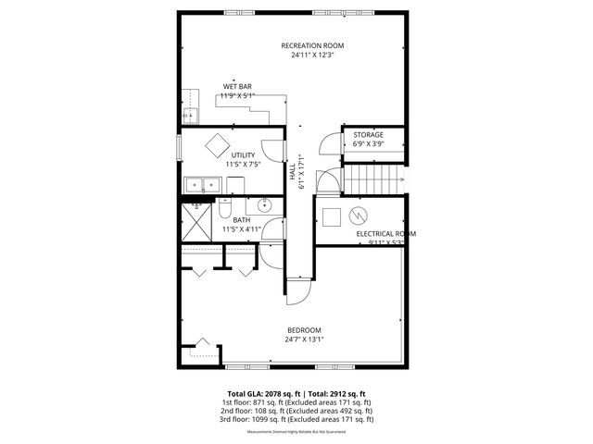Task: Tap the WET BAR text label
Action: pyautogui.click(x=237, y=87)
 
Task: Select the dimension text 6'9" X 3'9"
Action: pyautogui.click(x=368, y=144)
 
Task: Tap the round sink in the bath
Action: pyautogui.click(x=263, y=205)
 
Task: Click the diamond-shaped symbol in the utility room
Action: pyautogui.click(x=219, y=144)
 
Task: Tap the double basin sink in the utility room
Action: pyautogui.click(x=200, y=185)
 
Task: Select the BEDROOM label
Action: pyautogui.click(x=304, y=330)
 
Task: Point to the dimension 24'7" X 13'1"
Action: pyautogui.click(x=304, y=339)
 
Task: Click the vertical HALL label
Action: pyautogui.click(x=291, y=172)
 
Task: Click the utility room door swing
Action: pyautogui.click(x=270, y=145)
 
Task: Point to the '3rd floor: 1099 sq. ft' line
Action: pyautogui.click(x=297, y=419)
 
